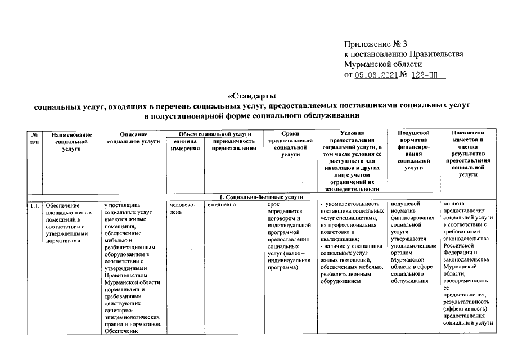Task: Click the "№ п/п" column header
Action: pos(35,138)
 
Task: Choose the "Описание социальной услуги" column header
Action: pos(133,138)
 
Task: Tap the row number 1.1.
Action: pos(35,205)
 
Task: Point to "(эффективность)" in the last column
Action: pos(463,308)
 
